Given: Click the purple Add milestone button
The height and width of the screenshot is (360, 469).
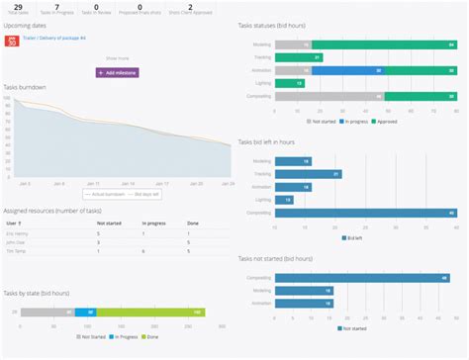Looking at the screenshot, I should click(118, 72).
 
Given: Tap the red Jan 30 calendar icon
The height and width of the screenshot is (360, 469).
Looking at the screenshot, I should click(12, 42).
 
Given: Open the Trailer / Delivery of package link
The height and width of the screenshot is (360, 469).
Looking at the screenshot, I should click(54, 38).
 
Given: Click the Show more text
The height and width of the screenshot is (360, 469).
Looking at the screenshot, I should click(118, 59).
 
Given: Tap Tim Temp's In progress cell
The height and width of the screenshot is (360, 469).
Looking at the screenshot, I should click(144, 251).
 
